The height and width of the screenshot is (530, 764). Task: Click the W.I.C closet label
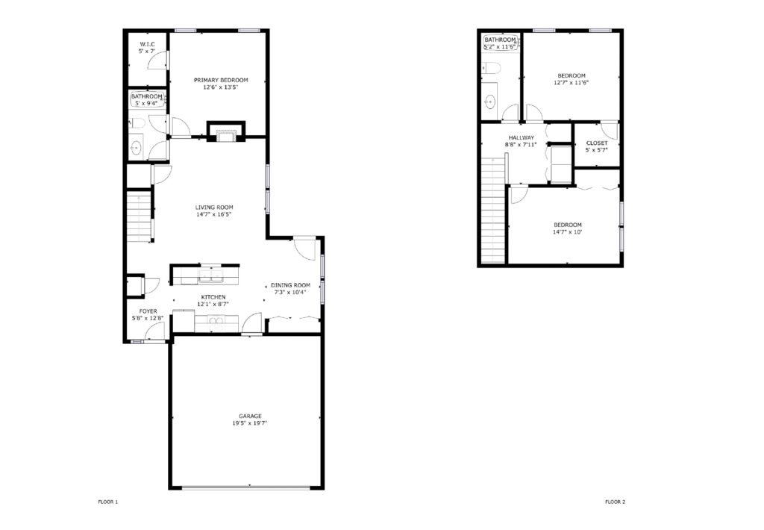click(147, 44)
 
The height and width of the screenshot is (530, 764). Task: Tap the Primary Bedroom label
click(221, 80)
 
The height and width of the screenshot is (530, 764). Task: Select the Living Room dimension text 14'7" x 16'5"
click(215, 215)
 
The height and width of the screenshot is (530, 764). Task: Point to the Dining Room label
click(290, 285)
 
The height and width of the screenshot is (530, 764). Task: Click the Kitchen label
click(207, 297)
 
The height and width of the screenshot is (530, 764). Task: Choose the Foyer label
click(148, 311)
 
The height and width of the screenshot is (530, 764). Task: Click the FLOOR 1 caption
click(108, 502)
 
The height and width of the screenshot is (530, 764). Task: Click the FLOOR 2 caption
click(615, 502)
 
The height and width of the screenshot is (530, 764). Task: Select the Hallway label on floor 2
click(522, 138)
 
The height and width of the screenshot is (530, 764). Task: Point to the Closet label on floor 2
click(597, 143)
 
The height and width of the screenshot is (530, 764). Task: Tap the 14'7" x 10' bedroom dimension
click(567, 232)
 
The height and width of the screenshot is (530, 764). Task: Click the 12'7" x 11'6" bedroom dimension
click(571, 83)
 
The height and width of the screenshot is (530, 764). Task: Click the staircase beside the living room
click(139, 216)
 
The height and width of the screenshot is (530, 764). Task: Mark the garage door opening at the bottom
click(247, 488)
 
